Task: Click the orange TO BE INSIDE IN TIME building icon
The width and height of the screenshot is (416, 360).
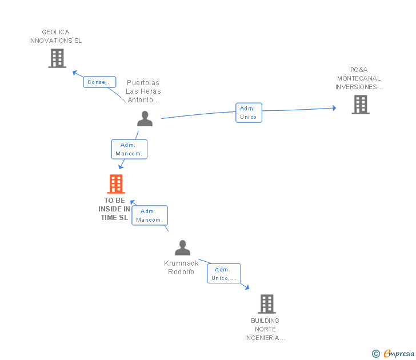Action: [116, 184]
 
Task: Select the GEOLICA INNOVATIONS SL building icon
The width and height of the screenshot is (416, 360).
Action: [57, 58]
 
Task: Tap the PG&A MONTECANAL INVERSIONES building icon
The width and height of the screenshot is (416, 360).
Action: [360, 105]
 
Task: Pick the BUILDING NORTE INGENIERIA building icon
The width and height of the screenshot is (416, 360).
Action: [266, 304]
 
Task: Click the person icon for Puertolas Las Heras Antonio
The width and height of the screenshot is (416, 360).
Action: [145, 119]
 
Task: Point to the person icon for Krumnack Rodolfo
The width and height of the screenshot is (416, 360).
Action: [182, 248]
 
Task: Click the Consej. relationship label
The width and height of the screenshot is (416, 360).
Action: [98, 82]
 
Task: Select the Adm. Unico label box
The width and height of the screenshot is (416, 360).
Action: [249, 113]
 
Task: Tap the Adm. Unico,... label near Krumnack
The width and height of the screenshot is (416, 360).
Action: [224, 274]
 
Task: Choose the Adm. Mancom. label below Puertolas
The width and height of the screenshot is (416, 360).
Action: [129, 149]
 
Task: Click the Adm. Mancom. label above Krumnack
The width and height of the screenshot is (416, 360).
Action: [150, 215]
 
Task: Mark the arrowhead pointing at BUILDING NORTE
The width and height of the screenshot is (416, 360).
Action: [246, 287]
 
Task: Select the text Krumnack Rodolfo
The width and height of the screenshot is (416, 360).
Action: [182, 267]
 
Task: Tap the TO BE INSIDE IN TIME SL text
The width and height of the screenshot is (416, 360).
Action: [114, 209]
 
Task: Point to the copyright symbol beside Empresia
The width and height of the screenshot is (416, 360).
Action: [376, 354]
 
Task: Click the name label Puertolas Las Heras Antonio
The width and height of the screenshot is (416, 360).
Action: [143, 91]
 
